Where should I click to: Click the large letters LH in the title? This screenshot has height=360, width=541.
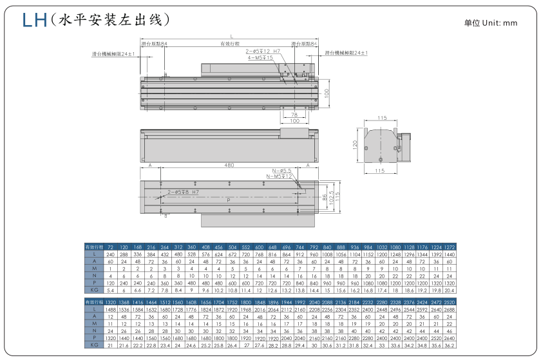[34, 19]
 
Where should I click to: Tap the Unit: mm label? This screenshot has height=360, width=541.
[491, 23]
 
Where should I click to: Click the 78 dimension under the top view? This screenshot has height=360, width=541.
[294, 115]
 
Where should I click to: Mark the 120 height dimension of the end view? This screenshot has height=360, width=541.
[355, 144]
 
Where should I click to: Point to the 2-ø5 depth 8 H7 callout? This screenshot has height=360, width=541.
[182, 192]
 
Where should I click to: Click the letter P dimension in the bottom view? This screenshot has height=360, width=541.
[229, 201]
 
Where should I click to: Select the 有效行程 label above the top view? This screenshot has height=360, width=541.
[229, 44]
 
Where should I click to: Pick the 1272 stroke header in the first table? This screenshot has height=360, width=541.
[449, 247]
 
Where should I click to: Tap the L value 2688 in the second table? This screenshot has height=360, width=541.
[449, 310]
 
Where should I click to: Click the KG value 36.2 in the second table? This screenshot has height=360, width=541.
[449, 345]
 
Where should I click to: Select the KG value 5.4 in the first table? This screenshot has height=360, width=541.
[110, 290]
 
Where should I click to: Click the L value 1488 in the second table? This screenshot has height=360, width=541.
[110, 310]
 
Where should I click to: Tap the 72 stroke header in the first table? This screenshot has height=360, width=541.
[110, 247]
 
